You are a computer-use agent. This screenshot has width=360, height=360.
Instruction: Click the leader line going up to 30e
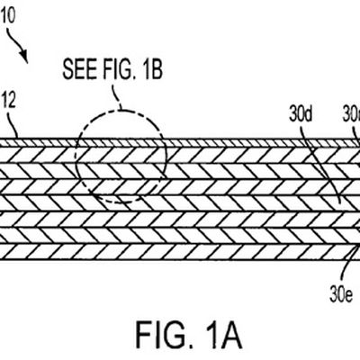(x=343, y=261)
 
